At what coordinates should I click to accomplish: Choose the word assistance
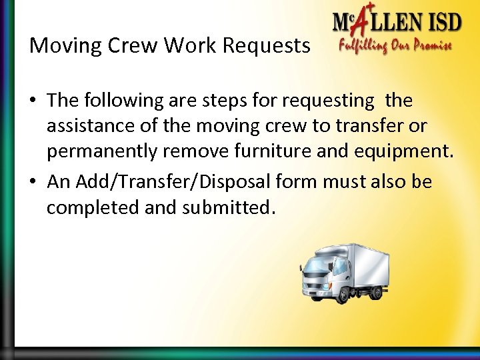pyautogui.click(x=87, y=126)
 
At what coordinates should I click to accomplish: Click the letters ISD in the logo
pyautogui.click(x=440, y=24)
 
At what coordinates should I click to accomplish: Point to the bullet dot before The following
pyautogui.click(x=33, y=101)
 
